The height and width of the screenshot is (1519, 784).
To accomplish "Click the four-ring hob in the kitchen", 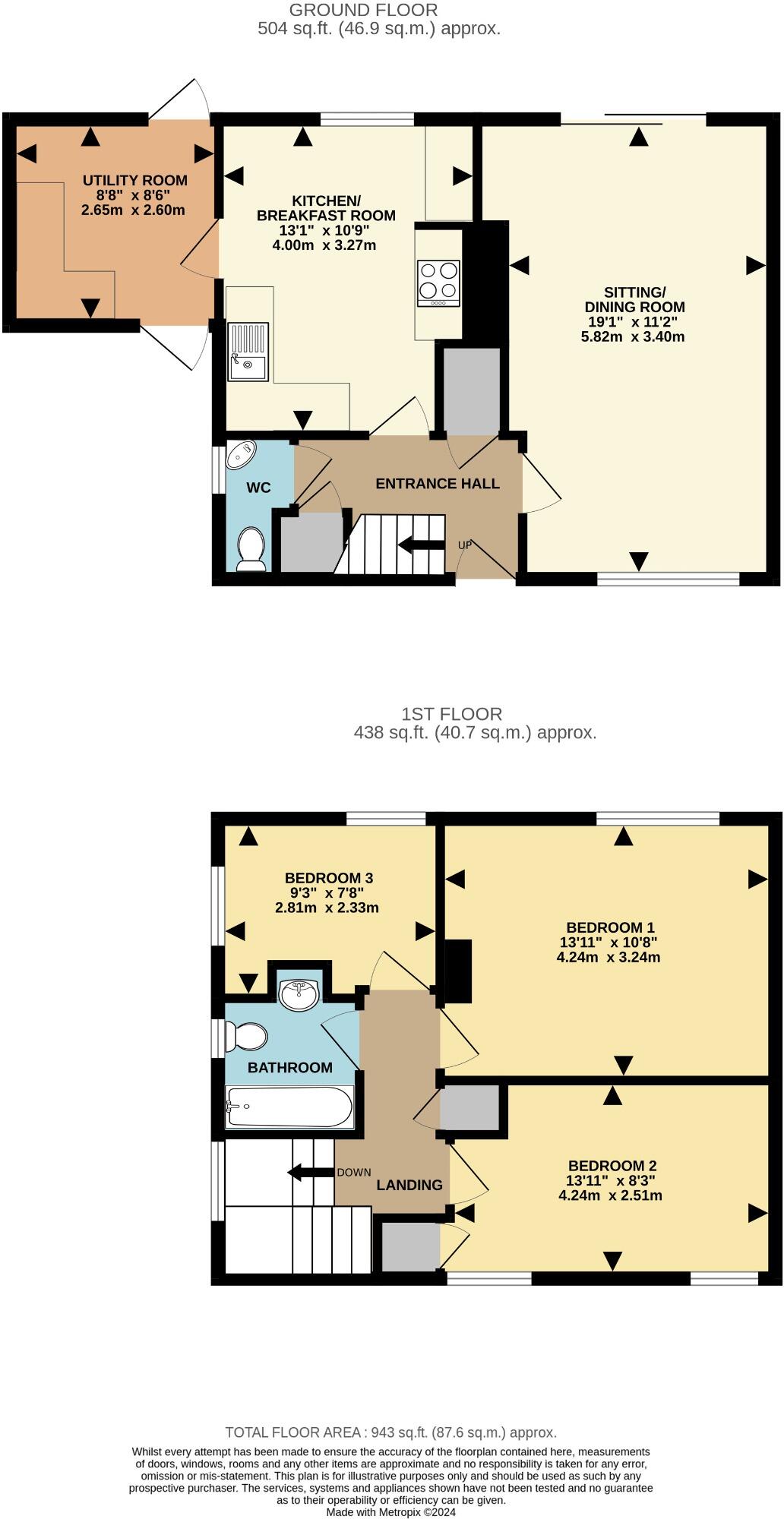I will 438,283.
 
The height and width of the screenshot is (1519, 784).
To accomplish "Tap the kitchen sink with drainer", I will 248,352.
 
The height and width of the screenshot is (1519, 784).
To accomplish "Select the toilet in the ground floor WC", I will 251,549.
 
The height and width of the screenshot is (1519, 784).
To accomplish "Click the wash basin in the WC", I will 242,453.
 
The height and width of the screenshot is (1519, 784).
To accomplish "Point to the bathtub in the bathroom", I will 289,1107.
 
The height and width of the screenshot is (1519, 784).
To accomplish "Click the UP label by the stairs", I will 465,545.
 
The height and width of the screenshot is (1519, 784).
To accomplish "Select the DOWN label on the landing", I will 354,1172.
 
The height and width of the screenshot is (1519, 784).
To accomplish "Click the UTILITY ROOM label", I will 135,181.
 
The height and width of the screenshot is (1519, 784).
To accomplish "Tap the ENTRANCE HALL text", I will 438,484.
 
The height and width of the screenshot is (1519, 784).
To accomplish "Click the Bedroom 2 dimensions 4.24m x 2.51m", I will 610,1195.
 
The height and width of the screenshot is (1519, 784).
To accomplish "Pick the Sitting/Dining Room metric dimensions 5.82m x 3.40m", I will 633,336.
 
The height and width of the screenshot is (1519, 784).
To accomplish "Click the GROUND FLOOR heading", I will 363,11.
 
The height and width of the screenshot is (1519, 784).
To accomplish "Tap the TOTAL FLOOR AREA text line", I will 391,1432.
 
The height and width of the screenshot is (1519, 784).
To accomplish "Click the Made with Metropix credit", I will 391,1512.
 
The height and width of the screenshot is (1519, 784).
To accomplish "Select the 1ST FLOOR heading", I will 451,714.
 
